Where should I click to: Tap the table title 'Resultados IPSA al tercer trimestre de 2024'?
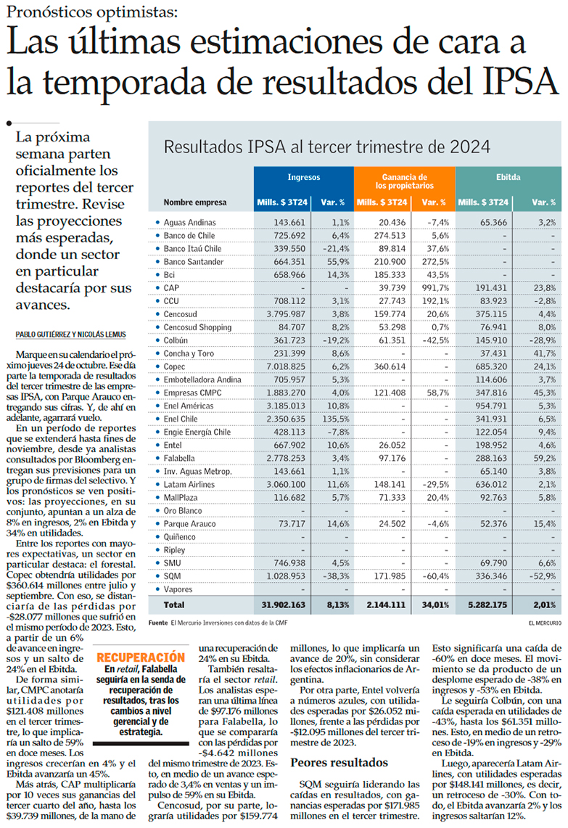click(327, 146)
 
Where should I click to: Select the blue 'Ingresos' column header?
click(303, 177)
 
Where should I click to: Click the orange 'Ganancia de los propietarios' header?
click(404, 181)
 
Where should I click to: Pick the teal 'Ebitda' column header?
click(508, 177)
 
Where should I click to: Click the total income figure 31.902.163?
click(284, 604)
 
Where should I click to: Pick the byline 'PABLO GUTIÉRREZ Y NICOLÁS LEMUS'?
click(70, 335)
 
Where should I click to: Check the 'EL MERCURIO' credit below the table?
click(544, 623)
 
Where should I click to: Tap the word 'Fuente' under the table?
click(157, 623)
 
